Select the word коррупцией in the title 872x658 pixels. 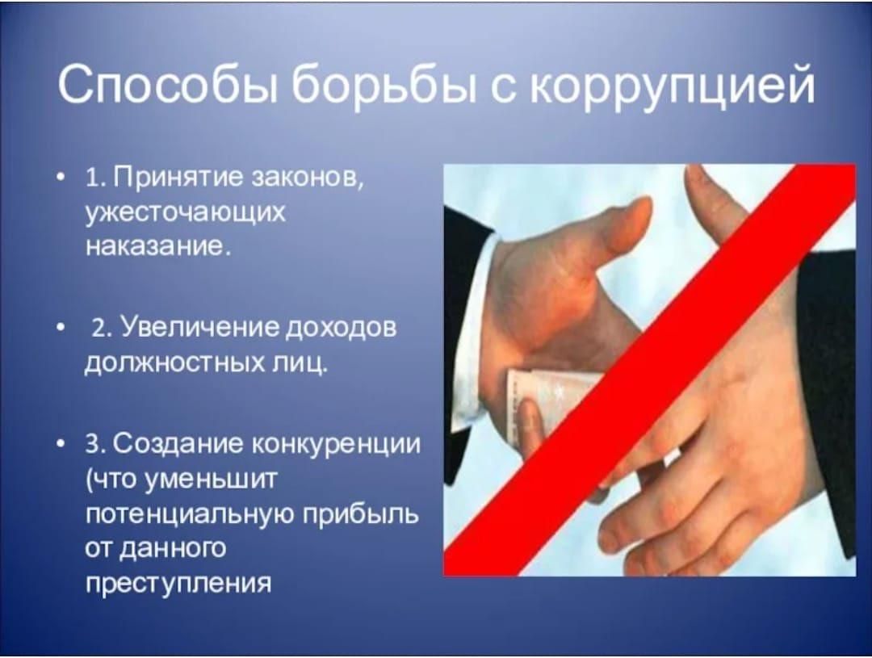pyautogui.click(x=673, y=86)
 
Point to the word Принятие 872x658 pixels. pyautogui.click(x=180, y=180)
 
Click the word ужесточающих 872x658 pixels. pyautogui.click(x=185, y=213)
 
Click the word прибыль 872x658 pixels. pyautogui.click(x=361, y=514)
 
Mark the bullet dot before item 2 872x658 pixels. pyautogui.click(x=60, y=328)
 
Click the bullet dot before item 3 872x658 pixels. pyautogui.click(x=60, y=445)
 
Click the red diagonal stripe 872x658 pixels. pyautogui.click(x=649, y=370)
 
